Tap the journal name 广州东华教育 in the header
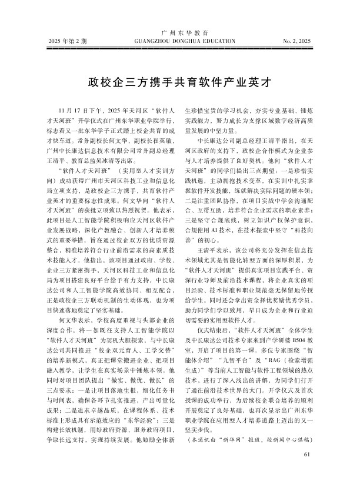pos(180,33)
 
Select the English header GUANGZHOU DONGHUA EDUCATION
pos(180,42)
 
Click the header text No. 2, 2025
pos(297,42)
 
